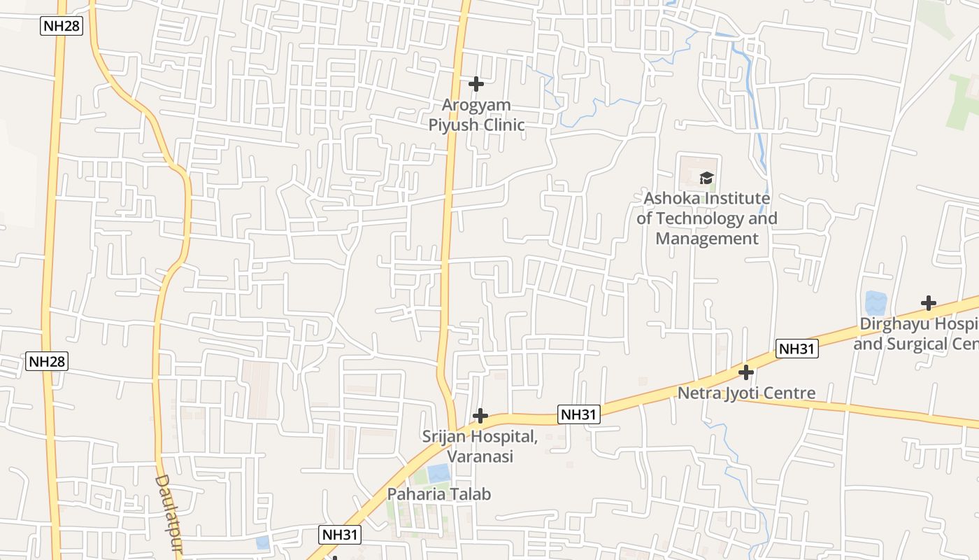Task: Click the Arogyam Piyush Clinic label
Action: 476,115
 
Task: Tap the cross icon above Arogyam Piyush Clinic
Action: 476,84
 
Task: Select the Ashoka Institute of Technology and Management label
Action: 706,218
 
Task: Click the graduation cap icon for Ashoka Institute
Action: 706,178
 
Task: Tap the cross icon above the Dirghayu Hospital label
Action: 928,303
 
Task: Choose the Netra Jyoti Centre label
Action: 746,393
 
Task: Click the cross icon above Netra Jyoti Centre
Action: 746,372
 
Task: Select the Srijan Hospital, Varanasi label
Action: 480,446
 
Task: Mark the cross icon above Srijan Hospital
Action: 480,416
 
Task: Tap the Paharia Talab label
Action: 439,493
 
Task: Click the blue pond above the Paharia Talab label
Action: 438,473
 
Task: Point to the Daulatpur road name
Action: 168,514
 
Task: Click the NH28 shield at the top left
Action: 62,27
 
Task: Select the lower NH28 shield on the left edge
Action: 47,361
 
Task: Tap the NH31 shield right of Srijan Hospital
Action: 579,414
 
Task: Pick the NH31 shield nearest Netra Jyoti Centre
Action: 796,349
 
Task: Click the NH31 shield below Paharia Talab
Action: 341,535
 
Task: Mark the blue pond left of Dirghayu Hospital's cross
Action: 876,303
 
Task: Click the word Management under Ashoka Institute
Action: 707,238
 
